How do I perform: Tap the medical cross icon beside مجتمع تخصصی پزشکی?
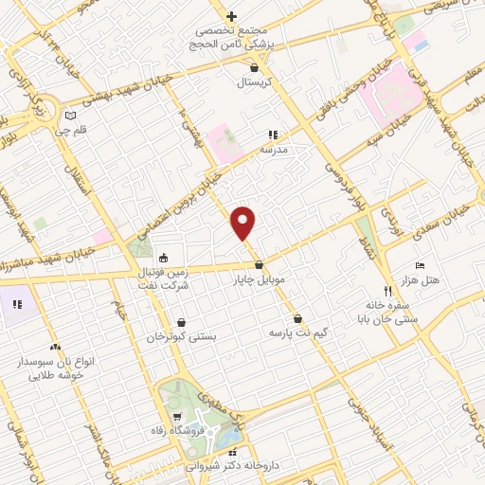click(231, 16)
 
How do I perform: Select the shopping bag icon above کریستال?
click(253, 68)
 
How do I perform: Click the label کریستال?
click(253, 82)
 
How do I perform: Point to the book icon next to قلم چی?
click(68, 116)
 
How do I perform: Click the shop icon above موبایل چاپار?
click(259, 265)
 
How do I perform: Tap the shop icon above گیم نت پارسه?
click(299, 318)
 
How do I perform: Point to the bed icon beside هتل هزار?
click(421, 265)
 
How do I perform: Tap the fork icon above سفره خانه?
click(386, 290)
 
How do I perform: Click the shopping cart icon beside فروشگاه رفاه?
click(176, 418)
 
